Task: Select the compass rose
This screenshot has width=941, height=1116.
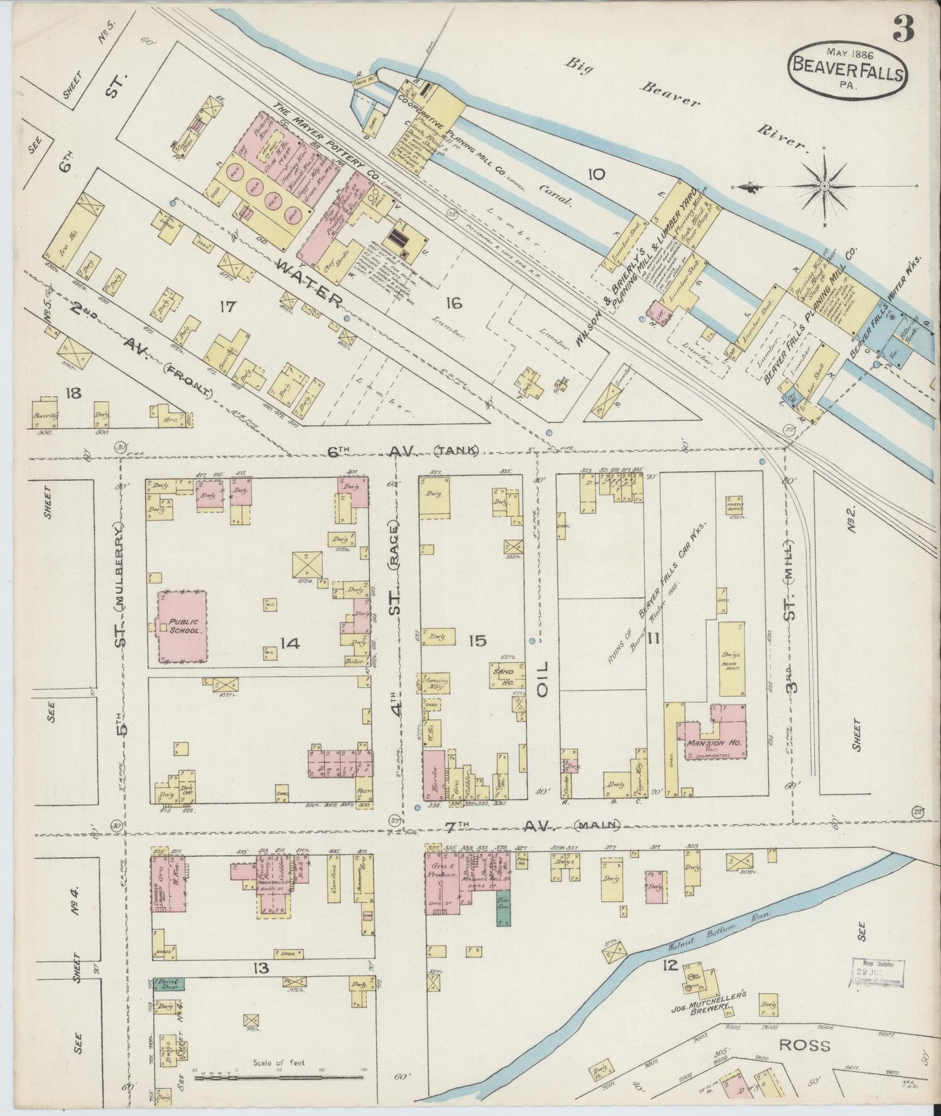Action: click(824, 186)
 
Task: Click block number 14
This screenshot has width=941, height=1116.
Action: click(289, 643)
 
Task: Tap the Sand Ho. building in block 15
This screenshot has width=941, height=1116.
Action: click(504, 676)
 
